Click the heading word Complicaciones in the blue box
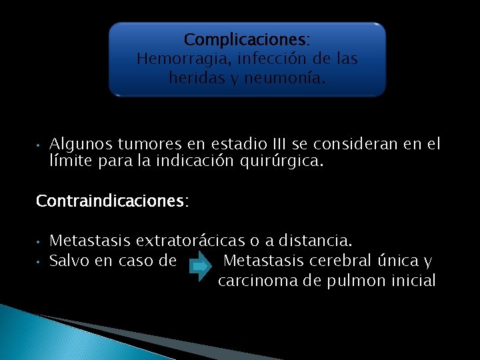245,40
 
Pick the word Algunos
81,144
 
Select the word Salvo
69,261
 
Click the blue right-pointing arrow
199,267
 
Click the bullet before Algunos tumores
39,145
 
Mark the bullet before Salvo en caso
39,261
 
